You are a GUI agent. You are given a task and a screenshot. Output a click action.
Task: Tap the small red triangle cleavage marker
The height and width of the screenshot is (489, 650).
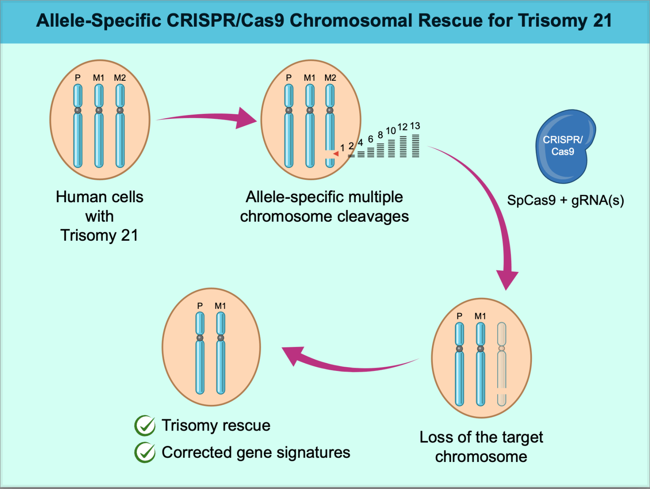click(336, 154)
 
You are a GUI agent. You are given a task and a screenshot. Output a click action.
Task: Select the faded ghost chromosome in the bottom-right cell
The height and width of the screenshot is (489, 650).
click(501, 364)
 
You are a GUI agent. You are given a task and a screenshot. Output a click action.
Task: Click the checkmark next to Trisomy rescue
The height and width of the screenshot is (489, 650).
click(145, 426)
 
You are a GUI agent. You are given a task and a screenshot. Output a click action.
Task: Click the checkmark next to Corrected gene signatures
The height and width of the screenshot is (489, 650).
click(145, 453)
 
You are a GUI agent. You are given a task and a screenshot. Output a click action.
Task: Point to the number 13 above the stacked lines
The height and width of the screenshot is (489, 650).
click(415, 126)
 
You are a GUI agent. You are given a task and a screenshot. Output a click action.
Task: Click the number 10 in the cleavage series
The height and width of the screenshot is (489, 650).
click(391, 131)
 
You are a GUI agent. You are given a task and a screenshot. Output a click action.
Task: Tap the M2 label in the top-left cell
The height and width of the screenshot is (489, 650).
click(120, 78)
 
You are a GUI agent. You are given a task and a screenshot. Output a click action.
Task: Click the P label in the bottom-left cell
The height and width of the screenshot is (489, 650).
click(200, 306)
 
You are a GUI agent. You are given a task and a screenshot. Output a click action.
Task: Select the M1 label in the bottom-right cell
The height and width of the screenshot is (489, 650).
click(480, 316)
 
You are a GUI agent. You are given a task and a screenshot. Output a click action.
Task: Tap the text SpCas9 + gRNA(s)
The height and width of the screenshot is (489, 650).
click(565, 200)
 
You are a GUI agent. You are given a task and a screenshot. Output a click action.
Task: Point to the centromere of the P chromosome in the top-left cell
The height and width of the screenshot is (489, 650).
click(78, 110)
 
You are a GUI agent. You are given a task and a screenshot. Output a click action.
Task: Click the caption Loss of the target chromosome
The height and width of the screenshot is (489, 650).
click(481, 447)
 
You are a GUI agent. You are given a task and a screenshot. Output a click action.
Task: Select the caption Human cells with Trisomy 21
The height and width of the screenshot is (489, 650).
click(99, 216)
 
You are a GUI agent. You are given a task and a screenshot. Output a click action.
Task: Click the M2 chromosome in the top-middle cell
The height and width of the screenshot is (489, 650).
click(330, 127)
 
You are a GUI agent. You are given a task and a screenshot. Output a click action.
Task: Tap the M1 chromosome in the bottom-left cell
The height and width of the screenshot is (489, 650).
click(220, 360)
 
